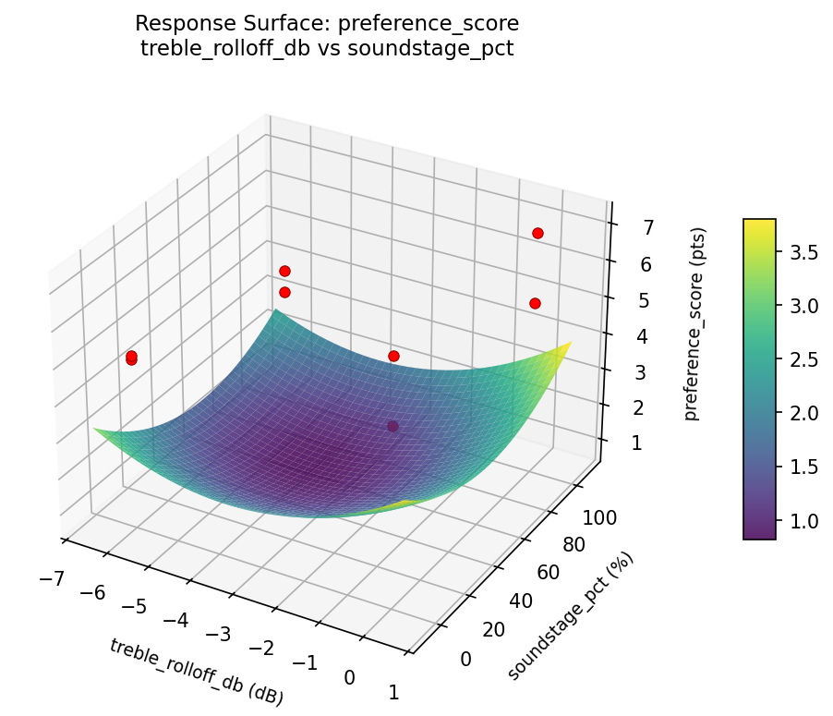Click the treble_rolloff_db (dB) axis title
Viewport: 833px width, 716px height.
click(x=196, y=672)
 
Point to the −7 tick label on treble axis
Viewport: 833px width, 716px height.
click(x=52, y=578)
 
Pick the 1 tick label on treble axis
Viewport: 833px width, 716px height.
click(x=394, y=692)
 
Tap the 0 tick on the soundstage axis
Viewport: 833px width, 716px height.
click(x=465, y=658)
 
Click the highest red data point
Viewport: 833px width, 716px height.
click(x=537, y=233)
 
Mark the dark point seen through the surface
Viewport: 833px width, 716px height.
click(x=393, y=426)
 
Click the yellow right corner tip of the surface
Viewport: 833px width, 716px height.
click(x=568, y=345)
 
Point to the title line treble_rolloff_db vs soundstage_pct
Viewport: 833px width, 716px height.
click(x=327, y=48)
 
